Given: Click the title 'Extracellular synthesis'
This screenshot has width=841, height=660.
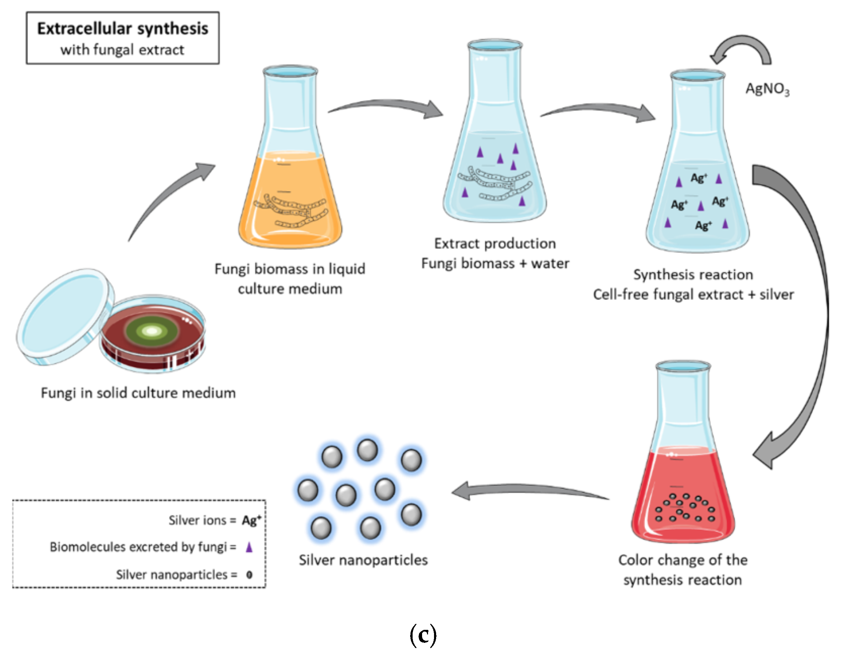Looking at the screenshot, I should pos(123,29).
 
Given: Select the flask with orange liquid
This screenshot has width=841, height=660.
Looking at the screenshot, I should pos(290,193).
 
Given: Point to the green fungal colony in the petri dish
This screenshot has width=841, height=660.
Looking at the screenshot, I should pos(152,331).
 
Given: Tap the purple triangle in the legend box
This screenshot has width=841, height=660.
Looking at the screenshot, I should pos(249,547).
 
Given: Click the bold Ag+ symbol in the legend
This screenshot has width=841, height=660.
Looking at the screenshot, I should pos(251,520).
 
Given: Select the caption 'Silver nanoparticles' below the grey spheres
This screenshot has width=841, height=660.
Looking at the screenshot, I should pos(363,560).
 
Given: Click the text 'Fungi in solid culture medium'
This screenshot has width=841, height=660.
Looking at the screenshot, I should pos(138,393).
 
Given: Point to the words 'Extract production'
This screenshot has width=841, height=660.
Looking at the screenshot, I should pos(495,243).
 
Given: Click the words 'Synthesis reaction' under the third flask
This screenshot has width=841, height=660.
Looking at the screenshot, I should pos(693,275).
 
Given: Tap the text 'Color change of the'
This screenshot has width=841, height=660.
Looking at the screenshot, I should pos(682,560).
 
